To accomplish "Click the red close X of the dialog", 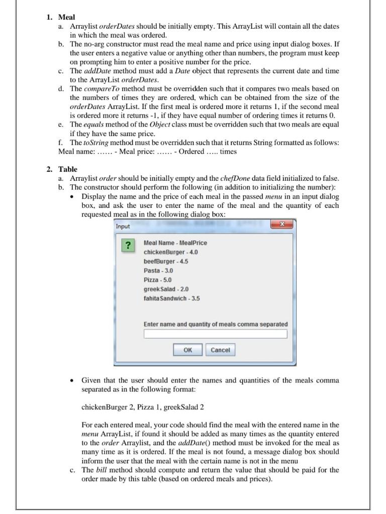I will pyautogui.click(x=283, y=225).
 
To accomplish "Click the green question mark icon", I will pyautogui.click(x=129, y=245).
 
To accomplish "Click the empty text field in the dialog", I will pyautogui.click(x=215, y=334).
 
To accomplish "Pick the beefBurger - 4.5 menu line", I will pyautogui.click(x=166, y=262).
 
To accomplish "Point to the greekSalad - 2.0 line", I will pyautogui.click(x=166, y=289).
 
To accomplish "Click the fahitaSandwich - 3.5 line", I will pyautogui.click(x=171, y=298).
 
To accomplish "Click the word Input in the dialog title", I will pyautogui.click(x=123, y=226).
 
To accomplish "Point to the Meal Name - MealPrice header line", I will pyautogui.click(x=175, y=243).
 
